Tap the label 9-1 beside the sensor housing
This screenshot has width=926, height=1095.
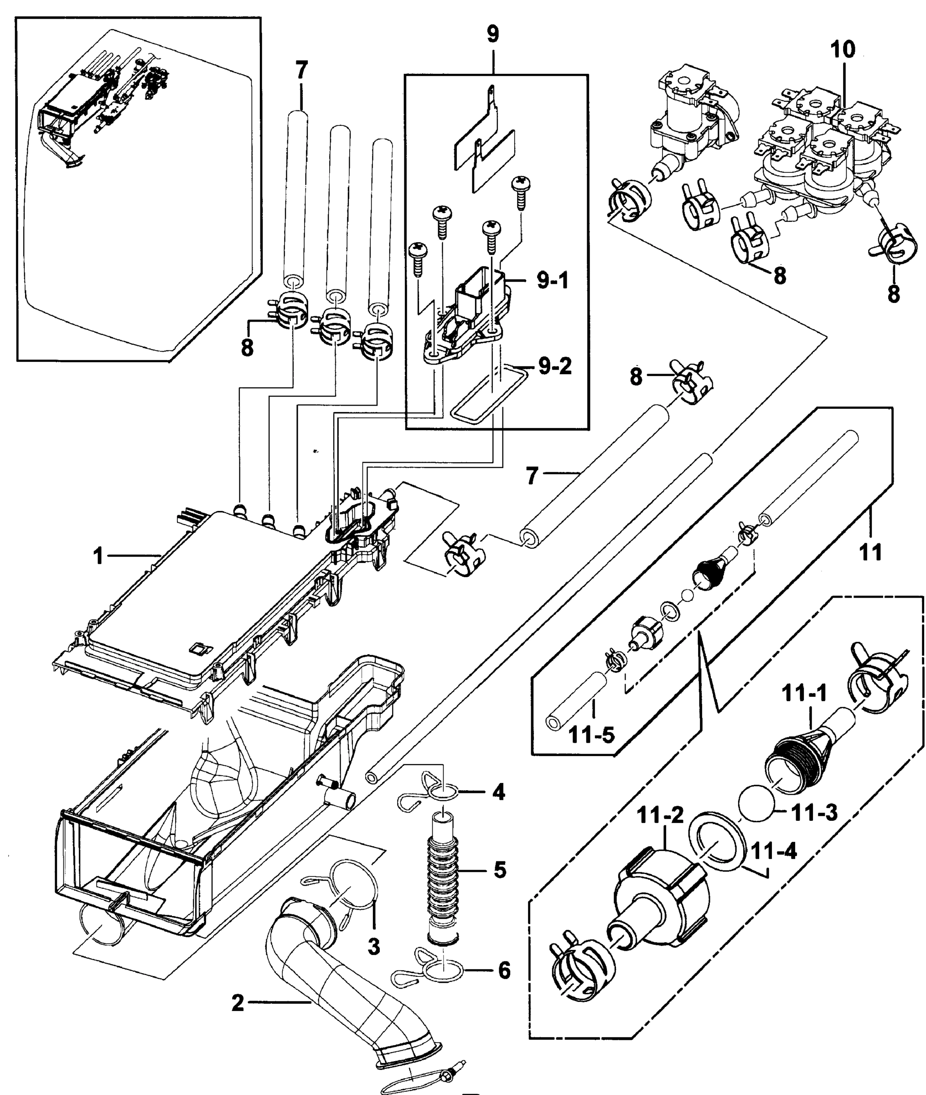click(552, 282)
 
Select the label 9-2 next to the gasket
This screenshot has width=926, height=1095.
click(555, 365)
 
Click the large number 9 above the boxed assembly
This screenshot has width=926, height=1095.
click(493, 34)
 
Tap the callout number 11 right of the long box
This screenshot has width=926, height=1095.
click(870, 553)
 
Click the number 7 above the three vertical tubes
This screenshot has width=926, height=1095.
click(301, 70)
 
